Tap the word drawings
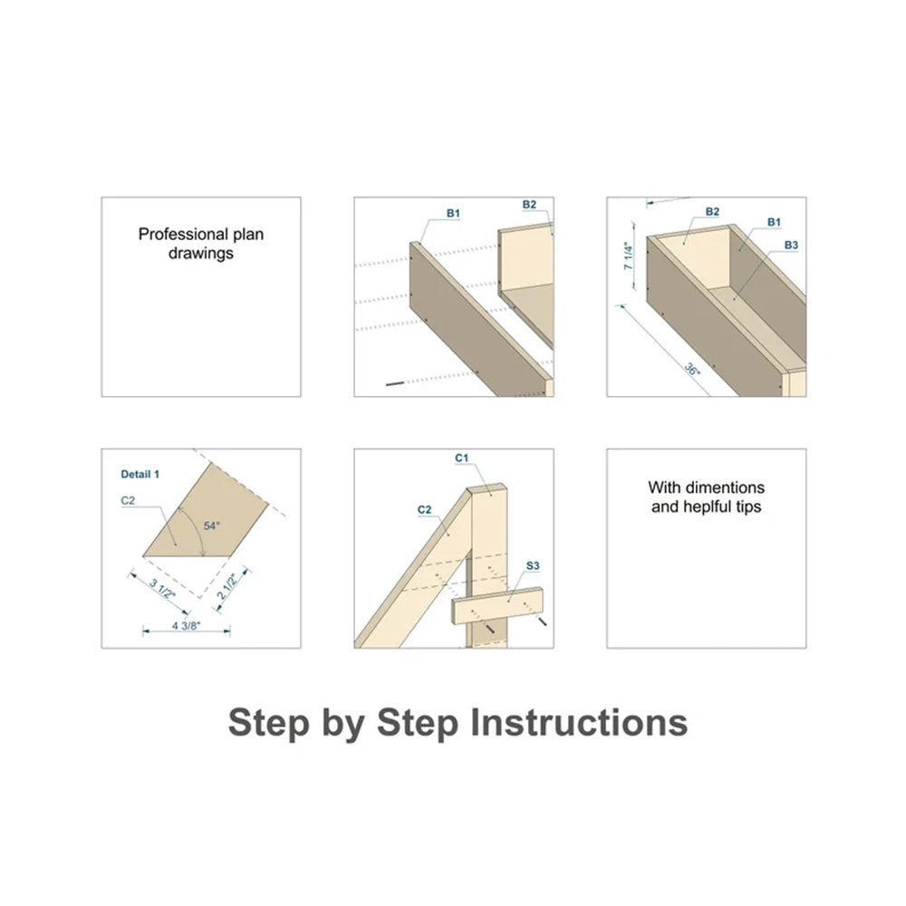[201, 253]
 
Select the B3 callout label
[791, 245]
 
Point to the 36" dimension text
[692, 368]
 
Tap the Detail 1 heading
[140, 475]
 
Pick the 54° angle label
[211, 525]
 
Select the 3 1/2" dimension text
[162, 588]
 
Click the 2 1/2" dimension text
[226, 585]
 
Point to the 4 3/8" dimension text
[186, 625]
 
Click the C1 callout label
[462, 458]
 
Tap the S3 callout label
[533, 565]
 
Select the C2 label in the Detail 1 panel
[128, 500]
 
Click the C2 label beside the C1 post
[425, 509]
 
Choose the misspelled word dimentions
[725, 487]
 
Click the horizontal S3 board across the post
[499, 606]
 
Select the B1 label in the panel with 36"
[775, 222]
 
